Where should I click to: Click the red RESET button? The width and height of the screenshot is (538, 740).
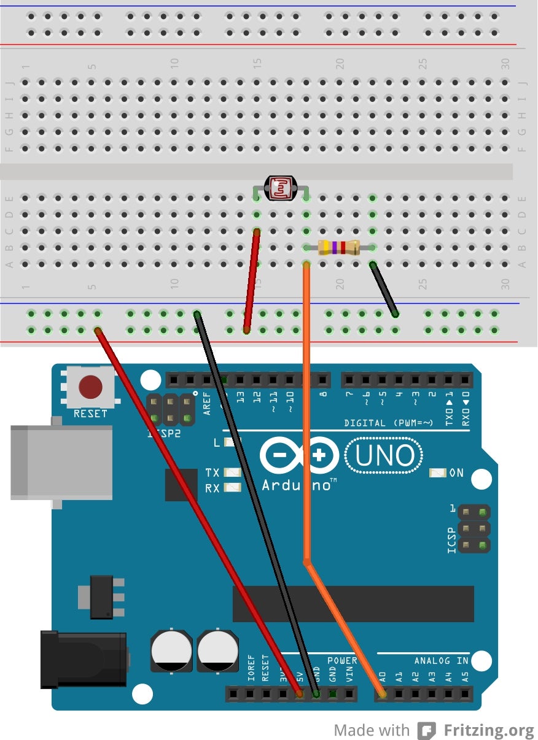point(90,387)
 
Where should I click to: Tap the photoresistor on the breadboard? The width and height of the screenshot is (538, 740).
point(280,188)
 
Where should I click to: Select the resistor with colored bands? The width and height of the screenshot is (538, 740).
point(339,248)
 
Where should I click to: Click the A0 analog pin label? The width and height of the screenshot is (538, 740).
point(382,677)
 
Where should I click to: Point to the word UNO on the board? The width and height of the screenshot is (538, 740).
point(385,456)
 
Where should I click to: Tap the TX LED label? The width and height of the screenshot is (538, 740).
point(212,472)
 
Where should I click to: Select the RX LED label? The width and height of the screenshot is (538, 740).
point(212,488)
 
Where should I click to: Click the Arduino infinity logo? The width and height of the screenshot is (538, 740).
point(299,457)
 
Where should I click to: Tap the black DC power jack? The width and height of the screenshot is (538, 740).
point(83,659)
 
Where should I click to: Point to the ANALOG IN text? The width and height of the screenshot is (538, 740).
point(441,661)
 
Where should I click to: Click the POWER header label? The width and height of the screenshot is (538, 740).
point(342,661)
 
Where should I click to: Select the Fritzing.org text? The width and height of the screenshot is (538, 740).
point(489,730)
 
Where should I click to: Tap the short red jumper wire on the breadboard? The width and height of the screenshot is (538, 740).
point(251,281)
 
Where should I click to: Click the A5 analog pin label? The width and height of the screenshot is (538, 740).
point(465,677)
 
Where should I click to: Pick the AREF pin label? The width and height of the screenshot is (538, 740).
point(208,403)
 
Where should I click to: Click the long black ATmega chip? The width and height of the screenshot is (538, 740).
point(353,604)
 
